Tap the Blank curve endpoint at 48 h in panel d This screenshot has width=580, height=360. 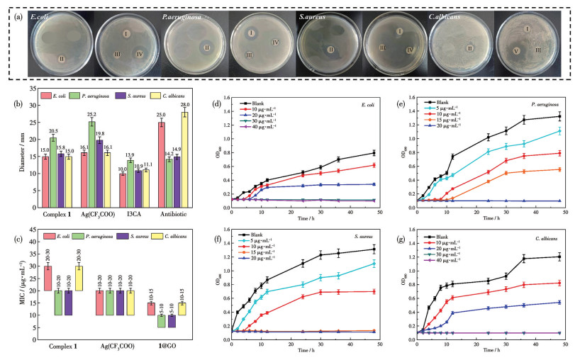pyautogui.click(x=374, y=152)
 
